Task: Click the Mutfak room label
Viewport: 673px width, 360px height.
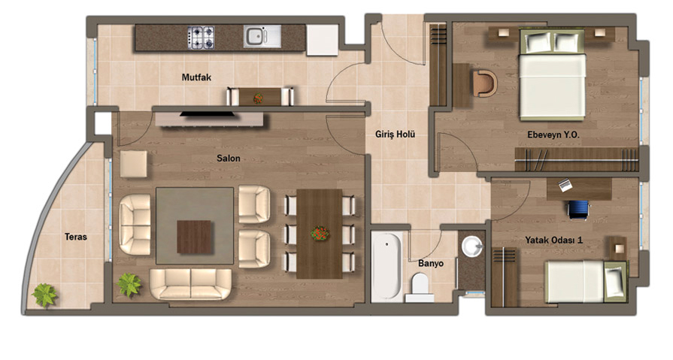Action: pos(196,77)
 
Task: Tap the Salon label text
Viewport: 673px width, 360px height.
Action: pos(229,159)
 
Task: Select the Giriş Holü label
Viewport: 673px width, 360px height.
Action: pos(396,135)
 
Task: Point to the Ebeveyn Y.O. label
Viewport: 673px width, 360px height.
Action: pos(553,135)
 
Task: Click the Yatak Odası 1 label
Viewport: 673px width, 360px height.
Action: pos(553,241)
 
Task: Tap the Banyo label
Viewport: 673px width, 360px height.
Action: pos(431,264)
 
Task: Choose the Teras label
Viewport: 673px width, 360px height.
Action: pos(76,237)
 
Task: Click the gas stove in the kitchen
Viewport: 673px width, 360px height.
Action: pos(201,38)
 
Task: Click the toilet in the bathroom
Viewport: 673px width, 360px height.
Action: pos(420,286)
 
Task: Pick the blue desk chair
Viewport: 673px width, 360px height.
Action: pos(578,210)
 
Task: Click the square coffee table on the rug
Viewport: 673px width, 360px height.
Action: pos(194,237)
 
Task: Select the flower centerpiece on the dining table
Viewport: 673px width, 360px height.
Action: pos(320,234)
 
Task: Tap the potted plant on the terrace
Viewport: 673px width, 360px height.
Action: pos(44,295)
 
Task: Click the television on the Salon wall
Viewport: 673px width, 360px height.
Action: pos(208,114)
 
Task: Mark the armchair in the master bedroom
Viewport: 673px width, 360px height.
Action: pos(485,83)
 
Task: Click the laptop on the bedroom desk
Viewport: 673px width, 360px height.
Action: pos(565,186)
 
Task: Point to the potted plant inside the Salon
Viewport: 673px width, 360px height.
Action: pos(129,285)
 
